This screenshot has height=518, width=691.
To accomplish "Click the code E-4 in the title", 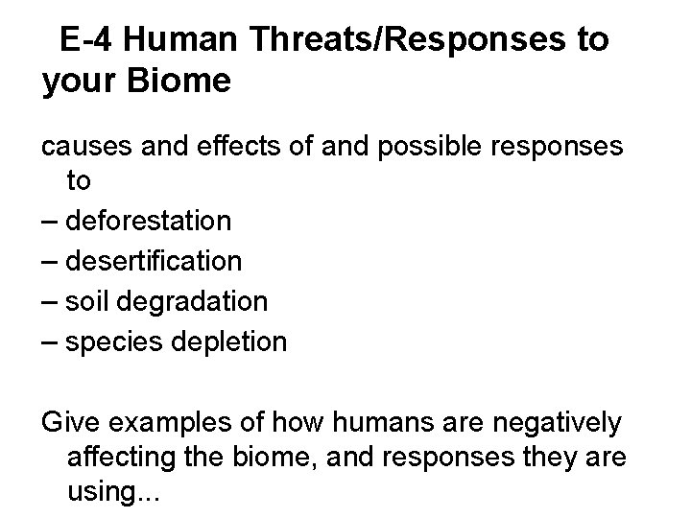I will tap(87, 40).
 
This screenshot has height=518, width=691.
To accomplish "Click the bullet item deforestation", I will tap(149, 221).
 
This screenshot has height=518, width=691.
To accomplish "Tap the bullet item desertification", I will tap(154, 261).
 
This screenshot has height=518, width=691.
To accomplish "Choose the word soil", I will tap(85, 301).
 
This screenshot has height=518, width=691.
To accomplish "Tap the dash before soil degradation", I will tap(50, 301).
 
